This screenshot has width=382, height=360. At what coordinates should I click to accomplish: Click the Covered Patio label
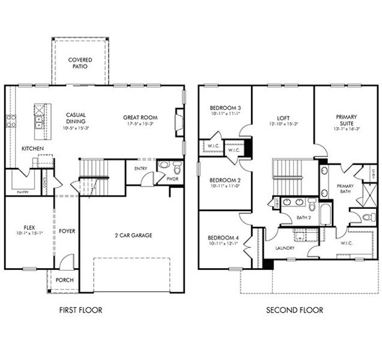pyautogui.click(x=80, y=63)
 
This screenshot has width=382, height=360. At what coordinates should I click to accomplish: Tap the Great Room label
pyautogui.click(x=140, y=118)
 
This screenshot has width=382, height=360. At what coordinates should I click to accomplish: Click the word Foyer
pyautogui.click(x=67, y=231)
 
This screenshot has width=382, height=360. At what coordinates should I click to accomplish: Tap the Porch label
pyautogui.click(x=64, y=280)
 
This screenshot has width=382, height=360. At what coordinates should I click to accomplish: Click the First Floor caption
pyautogui.click(x=80, y=310)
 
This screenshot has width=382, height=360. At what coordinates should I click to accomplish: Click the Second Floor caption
pyautogui.click(x=294, y=310)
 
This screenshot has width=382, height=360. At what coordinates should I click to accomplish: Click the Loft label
pyautogui.click(x=283, y=118)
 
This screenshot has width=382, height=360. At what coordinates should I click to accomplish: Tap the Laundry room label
pyautogui.click(x=285, y=247)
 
